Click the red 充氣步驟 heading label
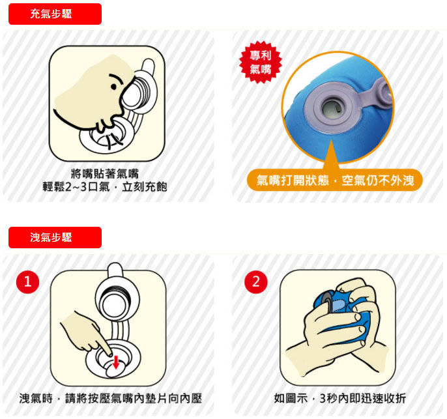[x=55, y=14]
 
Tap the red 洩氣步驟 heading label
[x=55, y=237]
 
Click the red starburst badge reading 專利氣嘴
[x=260, y=62]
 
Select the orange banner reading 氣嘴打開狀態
[x=335, y=180]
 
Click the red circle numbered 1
[x=27, y=282]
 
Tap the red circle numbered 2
[x=255, y=282]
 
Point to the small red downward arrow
[x=116, y=362]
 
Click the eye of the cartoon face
[x=113, y=87]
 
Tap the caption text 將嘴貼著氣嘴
[x=105, y=173]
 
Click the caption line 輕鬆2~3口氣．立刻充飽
[x=105, y=187]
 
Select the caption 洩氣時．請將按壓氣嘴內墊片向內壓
[x=111, y=399]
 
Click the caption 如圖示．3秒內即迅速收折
[x=340, y=399]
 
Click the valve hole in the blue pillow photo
[x=332, y=109]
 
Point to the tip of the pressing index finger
[x=109, y=354]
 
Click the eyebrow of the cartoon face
[x=116, y=78]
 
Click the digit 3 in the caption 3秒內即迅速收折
[x=323, y=399]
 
